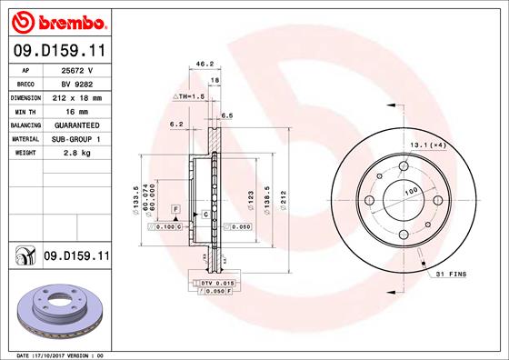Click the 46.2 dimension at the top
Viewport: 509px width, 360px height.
coord(205,65)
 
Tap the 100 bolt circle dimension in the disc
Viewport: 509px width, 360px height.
coord(410,192)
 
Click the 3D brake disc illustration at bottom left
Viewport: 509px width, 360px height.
coord(56,311)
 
